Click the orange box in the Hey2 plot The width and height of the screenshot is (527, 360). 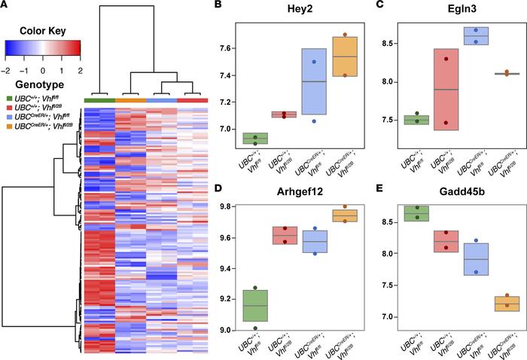345,56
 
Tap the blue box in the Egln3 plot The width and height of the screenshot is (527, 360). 480,36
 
